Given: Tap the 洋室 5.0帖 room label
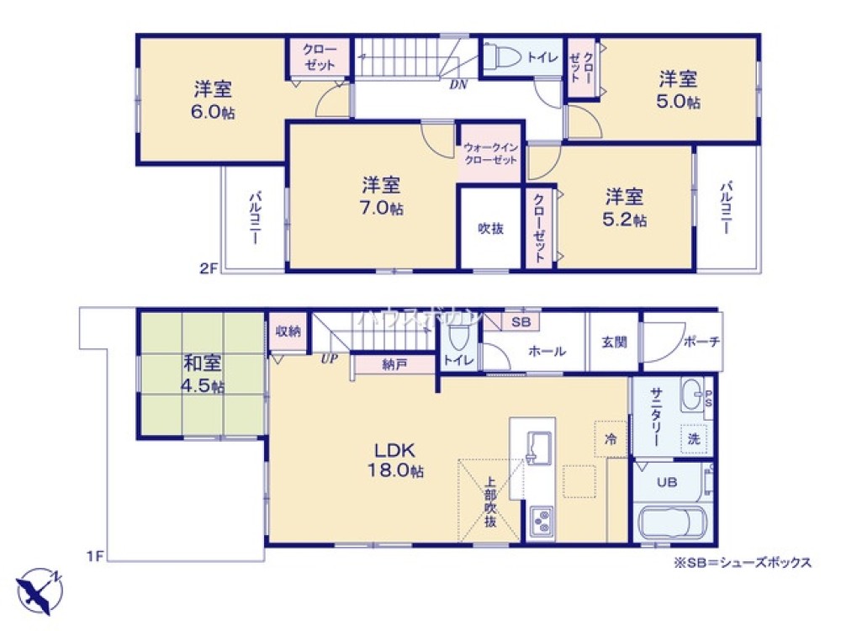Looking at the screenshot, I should point(679,90).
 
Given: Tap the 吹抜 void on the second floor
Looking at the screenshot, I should point(490,228).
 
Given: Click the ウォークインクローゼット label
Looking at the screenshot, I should point(490,154).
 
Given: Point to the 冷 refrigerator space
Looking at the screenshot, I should point(611,437).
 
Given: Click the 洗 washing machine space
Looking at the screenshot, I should point(694,438).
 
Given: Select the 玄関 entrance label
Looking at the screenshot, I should point(614,342).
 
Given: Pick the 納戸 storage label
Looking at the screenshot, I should point(393,364).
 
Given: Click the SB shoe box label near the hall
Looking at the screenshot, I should point(521,321).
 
